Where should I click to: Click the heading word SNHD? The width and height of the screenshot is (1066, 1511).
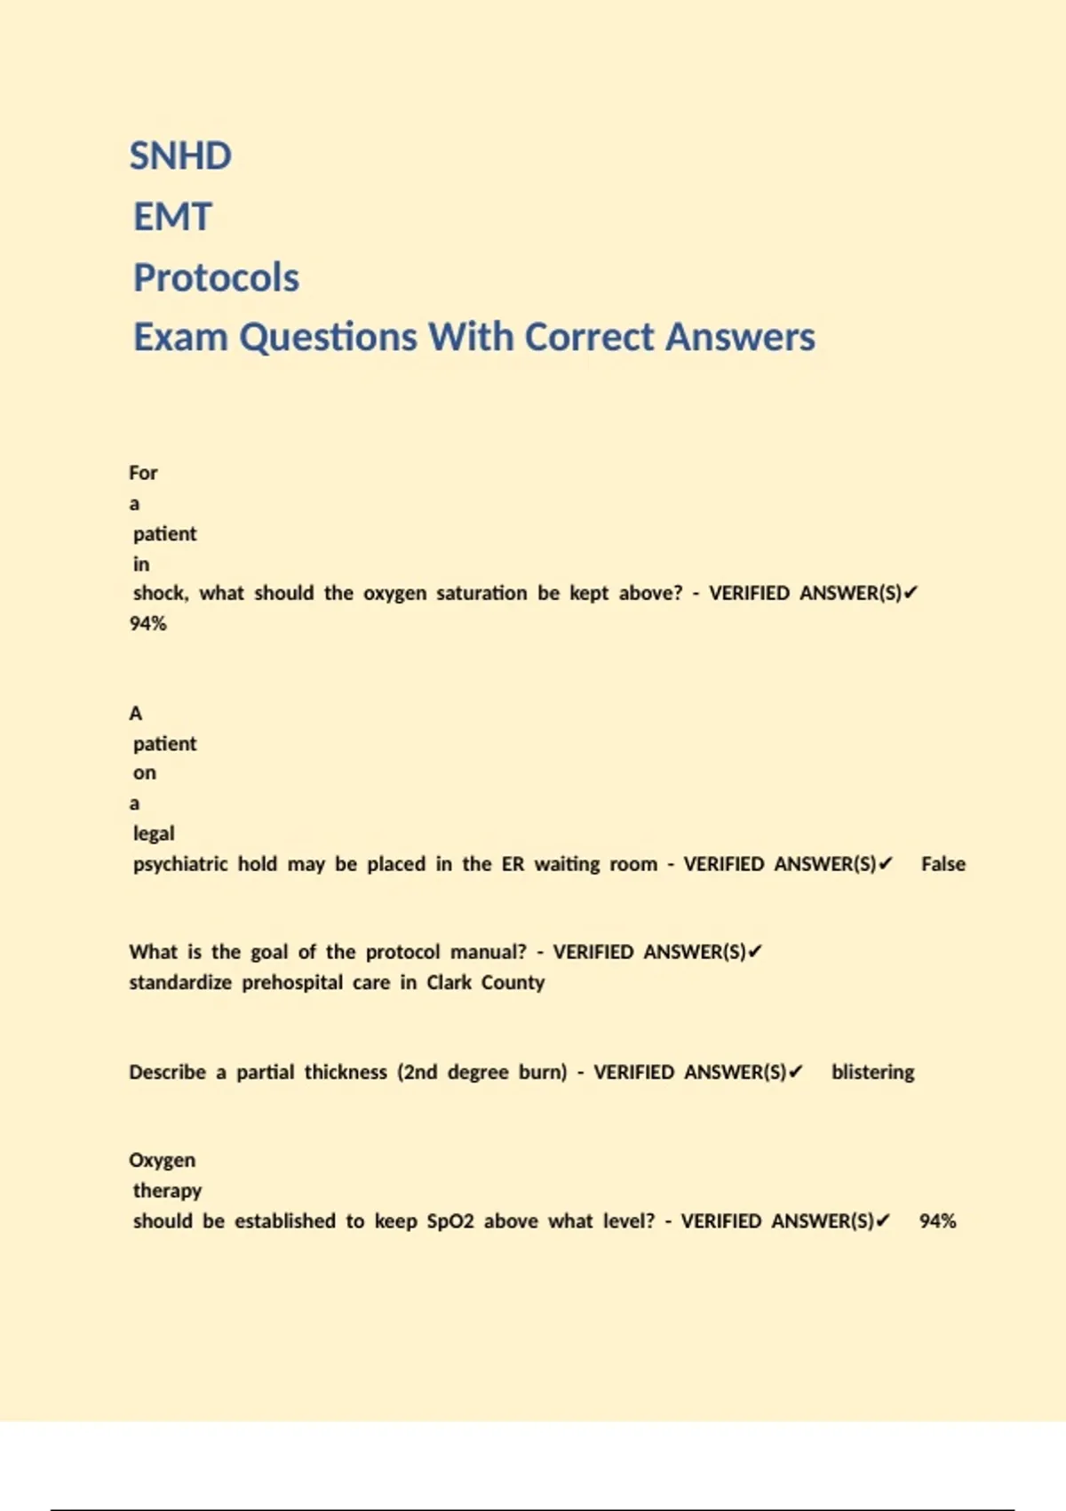[180, 156]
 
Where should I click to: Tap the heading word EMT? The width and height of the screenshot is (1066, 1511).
[172, 217]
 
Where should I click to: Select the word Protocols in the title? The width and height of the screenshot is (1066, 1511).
[216, 277]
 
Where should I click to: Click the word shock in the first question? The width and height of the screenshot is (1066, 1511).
[160, 593]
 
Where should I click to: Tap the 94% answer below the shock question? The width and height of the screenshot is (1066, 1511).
[147, 624]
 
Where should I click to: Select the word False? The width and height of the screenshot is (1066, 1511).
[943, 864]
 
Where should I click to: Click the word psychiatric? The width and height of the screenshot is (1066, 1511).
[179, 864]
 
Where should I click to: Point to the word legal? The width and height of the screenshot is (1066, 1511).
[154, 834]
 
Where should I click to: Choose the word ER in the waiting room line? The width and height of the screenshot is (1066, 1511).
[513, 864]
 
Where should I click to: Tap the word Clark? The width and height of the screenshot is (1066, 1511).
[449, 982]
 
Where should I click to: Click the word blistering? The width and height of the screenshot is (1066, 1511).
[872, 1072]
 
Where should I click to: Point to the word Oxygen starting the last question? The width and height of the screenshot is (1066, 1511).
[162, 1160]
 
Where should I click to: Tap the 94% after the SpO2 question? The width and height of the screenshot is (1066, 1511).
[937, 1221]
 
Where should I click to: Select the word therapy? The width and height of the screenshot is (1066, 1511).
[167, 1190]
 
